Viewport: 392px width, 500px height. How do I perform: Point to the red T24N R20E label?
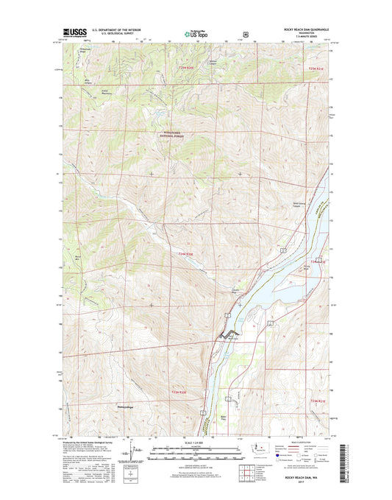click(x=189, y=254)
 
